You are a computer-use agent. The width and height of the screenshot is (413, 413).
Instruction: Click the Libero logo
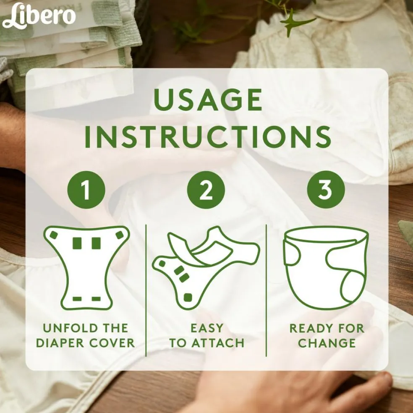(39, 16)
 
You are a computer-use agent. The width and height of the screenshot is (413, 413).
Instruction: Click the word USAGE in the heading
(208, 100)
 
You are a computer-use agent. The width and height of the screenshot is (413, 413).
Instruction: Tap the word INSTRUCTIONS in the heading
(208, 137)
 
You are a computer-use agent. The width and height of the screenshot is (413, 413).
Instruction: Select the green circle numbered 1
(86, 190)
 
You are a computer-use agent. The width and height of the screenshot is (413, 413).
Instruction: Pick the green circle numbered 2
(206, 190)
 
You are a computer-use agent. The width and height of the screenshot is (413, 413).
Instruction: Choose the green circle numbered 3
(326, 190)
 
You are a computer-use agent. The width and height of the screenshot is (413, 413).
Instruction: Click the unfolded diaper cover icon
(86, 268)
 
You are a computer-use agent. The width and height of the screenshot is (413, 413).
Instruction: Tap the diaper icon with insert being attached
(206, 268)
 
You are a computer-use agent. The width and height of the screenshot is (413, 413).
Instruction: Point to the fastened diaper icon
(326, 268)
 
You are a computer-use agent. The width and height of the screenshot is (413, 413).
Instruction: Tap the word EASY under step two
(207, 328)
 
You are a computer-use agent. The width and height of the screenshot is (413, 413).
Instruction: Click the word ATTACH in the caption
(218, 343)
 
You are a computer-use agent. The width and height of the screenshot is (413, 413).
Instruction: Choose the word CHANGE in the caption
(327, 343)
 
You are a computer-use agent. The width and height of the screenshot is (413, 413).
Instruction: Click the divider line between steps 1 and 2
(146, 290)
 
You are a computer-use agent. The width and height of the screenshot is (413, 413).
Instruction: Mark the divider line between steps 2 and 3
(266, 290)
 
